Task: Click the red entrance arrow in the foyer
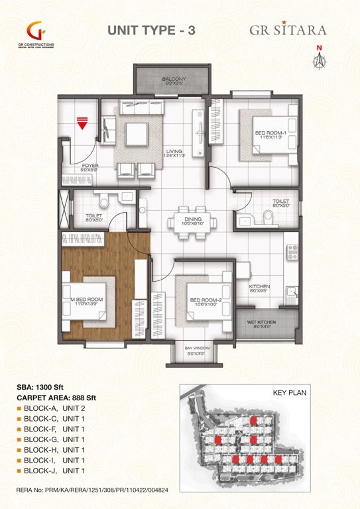click(x=82, y=123)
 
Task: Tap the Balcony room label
click(x=174, y=81)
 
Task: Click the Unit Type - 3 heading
click(x=152, y=30)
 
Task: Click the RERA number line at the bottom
click(x=119, y=492)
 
